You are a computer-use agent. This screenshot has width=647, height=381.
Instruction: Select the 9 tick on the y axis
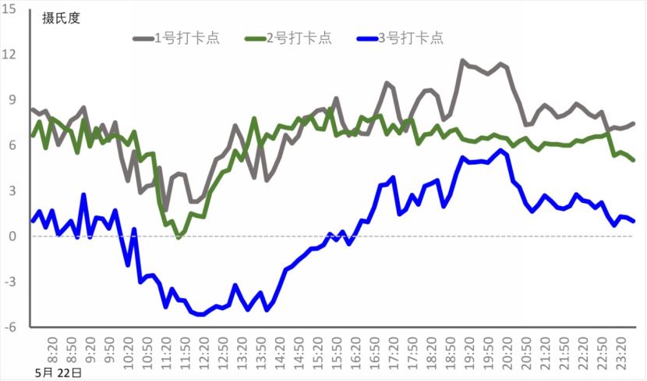(x=13, y=100)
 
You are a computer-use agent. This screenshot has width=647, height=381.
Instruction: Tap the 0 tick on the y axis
(x=13, y=237)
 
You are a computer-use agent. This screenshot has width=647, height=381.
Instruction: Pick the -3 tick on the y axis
(x=11, y=282)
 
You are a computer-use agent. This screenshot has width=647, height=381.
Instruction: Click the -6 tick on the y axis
(x=11, y=327)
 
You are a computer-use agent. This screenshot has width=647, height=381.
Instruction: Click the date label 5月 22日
(x=58, y=372)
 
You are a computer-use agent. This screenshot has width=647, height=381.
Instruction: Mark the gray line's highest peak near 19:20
(x=463, y=61)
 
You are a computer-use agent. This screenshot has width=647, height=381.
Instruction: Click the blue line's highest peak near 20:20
(x=501, y=151)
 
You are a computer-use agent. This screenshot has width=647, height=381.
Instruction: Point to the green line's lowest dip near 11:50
(x=178, y=236)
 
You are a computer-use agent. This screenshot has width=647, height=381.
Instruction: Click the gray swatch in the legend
(x=143, y=37)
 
